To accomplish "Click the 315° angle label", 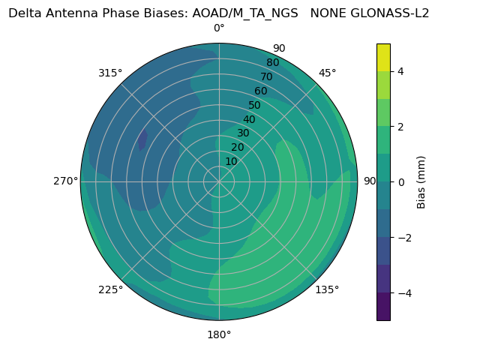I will point(110,73).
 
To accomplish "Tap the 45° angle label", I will point(327,73).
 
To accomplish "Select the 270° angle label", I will point(65,181).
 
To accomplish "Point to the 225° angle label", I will point(110,289).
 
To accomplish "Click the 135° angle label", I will point(327,289).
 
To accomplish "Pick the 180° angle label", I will point(219,334).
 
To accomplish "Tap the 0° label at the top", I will point(219,28).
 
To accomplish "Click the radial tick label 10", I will point(231,161).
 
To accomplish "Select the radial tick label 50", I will point(255,105).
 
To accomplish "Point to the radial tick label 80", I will point(273,62).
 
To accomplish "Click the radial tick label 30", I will point(243,133).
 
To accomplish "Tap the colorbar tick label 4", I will point(400,71).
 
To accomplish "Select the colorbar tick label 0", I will point(400,181).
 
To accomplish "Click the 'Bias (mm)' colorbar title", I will point(421,181).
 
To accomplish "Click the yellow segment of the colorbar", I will point(383,57).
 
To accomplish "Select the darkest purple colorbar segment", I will point(383,306).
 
